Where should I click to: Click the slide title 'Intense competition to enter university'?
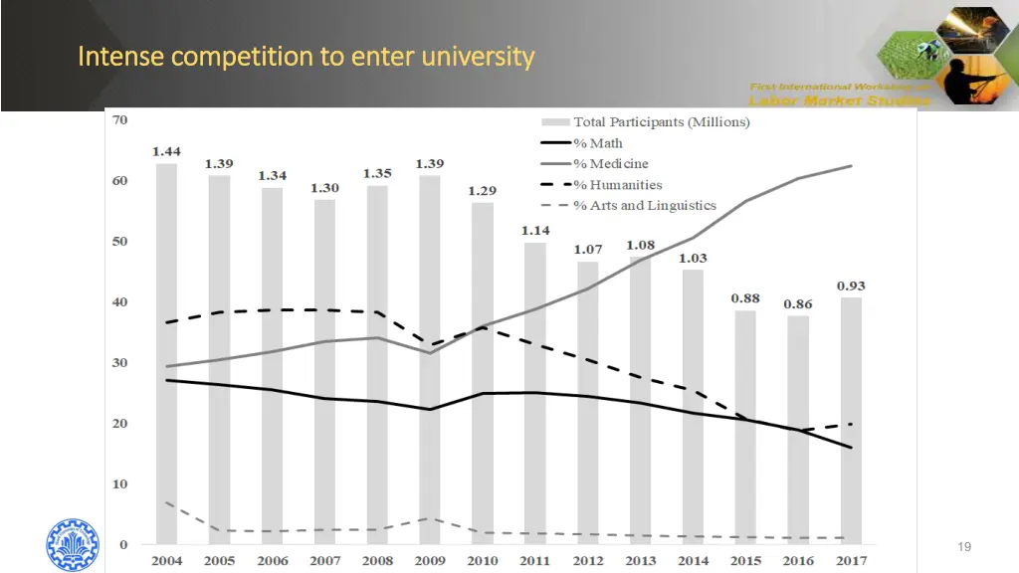click(x=306, y=56)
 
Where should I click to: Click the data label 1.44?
click(x=166, y=151)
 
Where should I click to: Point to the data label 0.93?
click(x=850, y=286)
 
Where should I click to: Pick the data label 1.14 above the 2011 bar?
click(x=535, y=231)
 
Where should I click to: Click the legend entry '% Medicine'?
click(x=610, y=163)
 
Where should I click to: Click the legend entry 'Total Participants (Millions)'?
click(x=661, y=121)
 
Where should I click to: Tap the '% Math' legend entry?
click(x=598, y=142)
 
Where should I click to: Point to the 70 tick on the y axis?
click(x=119, y=120)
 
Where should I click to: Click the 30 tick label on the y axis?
click(x=119, y=363)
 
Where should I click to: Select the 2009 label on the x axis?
click(x=430, y=561)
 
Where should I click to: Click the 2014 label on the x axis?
click(x=693, y=561)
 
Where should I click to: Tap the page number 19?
click(x=963, y=547)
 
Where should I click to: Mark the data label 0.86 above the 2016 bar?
click(x=797, y=303)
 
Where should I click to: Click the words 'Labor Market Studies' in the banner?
click(x=840, y=99)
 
